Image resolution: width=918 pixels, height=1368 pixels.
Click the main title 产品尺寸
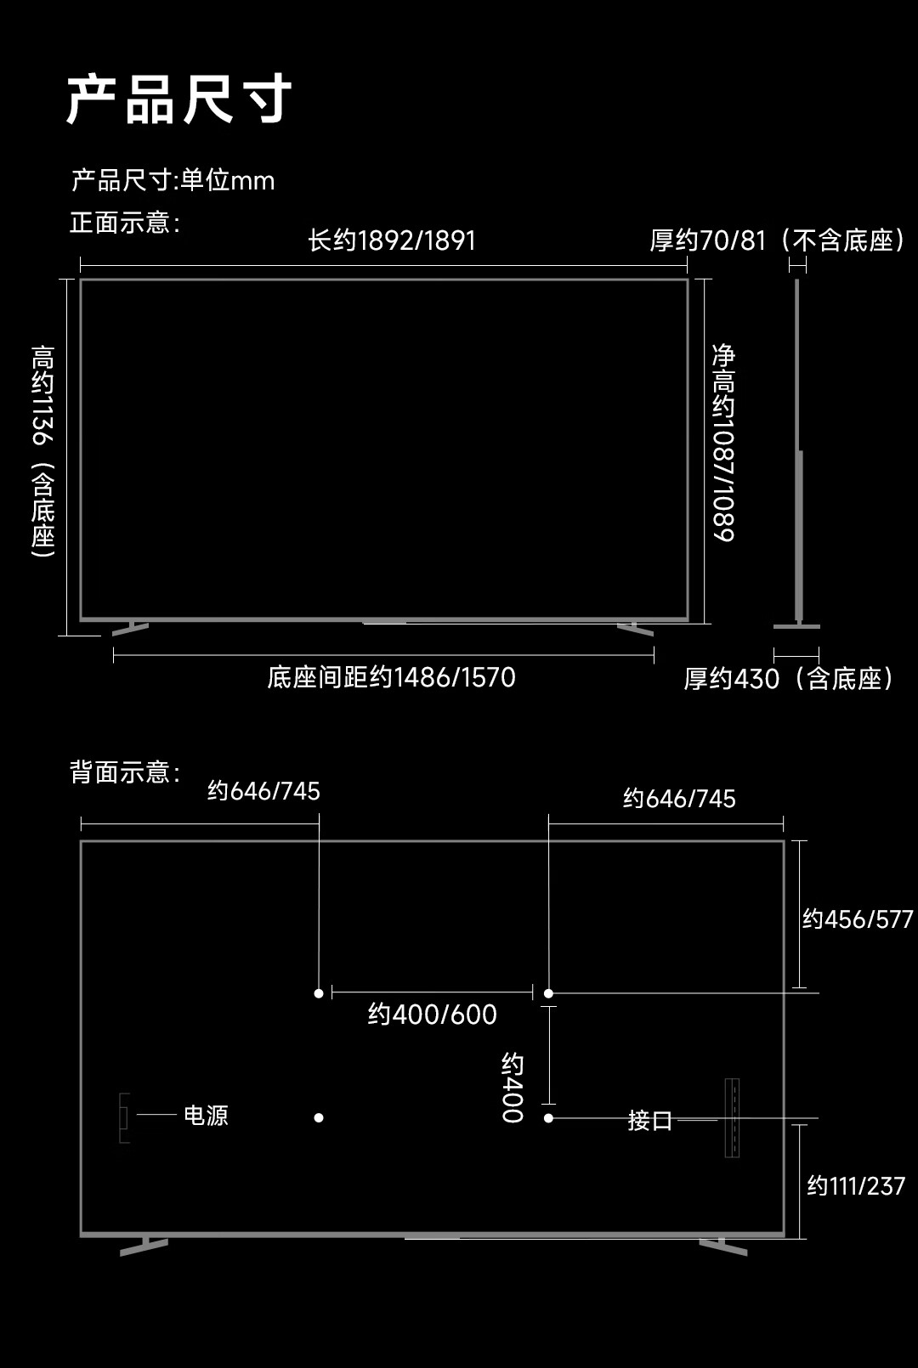[178, 99]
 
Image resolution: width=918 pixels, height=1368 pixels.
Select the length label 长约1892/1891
[392, 240]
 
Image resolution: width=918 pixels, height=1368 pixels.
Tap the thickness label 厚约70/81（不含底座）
[777, 240]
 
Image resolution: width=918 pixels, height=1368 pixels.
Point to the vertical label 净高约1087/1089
[723, 443]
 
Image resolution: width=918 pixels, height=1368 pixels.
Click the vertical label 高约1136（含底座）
[43, 451]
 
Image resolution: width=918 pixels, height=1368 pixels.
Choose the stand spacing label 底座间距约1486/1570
[392, 677]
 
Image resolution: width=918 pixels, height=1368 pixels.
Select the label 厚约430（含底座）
[789, 679]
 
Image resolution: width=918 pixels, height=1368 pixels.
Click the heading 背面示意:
[125, 772]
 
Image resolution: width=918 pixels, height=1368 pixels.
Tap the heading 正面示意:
[125, 223]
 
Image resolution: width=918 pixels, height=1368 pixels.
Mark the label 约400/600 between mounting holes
[433, 1015]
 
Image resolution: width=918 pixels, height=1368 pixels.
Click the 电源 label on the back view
[207, 1115]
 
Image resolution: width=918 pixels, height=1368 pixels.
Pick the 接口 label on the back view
[650, 1120]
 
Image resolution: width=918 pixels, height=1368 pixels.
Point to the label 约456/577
[858, 919]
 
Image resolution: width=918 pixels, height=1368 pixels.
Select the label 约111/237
[856, 1186]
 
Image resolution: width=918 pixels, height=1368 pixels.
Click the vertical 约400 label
[513, 1087]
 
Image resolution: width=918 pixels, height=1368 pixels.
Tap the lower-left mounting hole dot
[319, 1117]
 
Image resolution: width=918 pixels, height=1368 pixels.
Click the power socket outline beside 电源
[124, 1118]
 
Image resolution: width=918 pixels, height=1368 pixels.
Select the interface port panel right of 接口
[733, 1118]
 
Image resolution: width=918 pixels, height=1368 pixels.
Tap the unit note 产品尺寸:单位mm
[173, 180]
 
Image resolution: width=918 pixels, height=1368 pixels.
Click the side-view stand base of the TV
[797, 626]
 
